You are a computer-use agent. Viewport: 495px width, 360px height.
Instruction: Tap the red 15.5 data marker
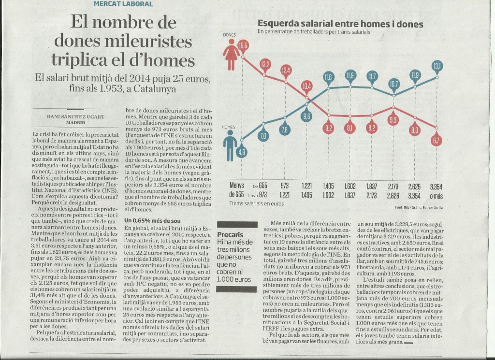pyautogui.click(x=243, y=46)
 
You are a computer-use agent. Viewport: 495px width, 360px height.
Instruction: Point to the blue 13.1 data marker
pyautogui.click(x=437, y=66)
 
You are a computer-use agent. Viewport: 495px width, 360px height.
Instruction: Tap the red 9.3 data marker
pyautogui.click(x=393, y=120)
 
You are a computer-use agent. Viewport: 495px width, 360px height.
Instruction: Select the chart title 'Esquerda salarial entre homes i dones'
pyautogui.click(x=340, y=24)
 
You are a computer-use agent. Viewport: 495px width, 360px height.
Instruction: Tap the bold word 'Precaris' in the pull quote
pyautogui.click(x=230, y=233)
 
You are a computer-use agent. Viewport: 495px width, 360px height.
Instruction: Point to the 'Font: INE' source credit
pyautogui.click(x=404, y=207)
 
